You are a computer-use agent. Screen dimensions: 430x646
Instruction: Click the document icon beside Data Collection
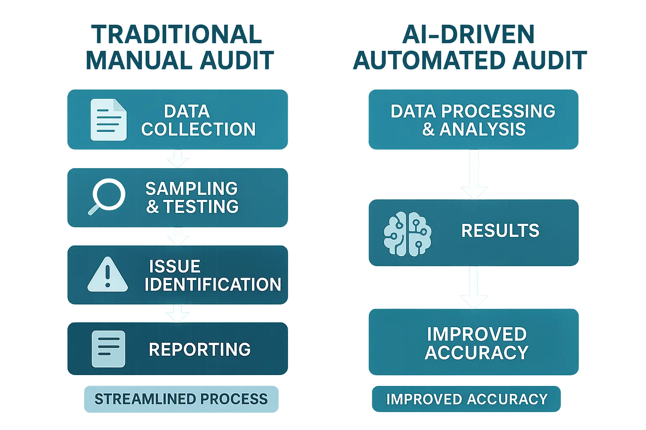tap(109, 120)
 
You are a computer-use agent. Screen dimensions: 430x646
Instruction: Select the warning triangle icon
tap(108, 275)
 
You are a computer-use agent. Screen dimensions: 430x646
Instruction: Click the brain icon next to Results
tap(408, 233)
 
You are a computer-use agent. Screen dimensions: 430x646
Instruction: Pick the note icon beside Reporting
tap(109, 349)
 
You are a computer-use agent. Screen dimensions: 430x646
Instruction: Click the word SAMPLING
tap(191, 189)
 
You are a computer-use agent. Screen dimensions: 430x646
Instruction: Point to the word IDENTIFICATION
tap(213, 285)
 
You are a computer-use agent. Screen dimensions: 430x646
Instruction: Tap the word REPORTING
tap(200, 349)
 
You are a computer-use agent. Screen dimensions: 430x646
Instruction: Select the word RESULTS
tap(500, 231)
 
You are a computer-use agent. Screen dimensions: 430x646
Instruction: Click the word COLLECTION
tap(199, 129)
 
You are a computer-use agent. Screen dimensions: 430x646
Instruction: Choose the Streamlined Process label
tap(181, 399)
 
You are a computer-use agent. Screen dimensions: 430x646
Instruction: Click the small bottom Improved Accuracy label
tap(467, 399)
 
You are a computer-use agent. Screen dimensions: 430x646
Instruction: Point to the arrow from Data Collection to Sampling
tap(178, 159)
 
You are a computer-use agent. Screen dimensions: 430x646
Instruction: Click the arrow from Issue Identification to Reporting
tap(178, 313)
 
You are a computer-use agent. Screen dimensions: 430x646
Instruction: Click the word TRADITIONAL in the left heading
tap(177, 34)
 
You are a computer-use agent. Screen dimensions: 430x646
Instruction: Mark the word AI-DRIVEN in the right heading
tap(469, 34)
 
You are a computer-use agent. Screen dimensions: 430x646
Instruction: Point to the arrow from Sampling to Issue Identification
tap(178, 236)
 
